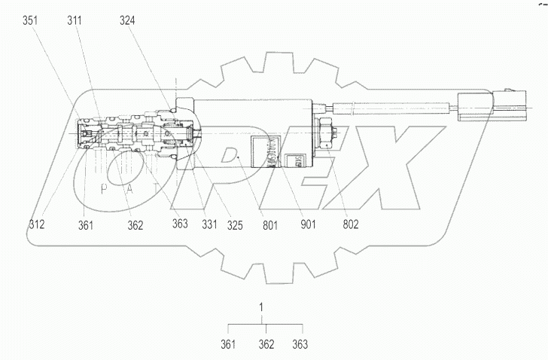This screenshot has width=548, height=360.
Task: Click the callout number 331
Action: click(x=211, y=224)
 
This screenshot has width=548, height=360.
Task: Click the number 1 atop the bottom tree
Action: click(x=262, y=308)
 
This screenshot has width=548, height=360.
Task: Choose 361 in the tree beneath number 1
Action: click(x=229, y=345)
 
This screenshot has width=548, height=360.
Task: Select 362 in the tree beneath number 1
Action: click(x=265, y=345)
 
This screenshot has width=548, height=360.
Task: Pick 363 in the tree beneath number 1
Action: click(x=299, y=345)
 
